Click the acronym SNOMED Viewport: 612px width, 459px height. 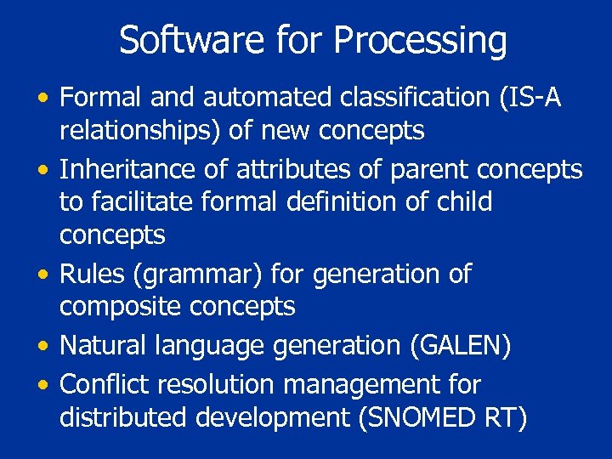point(428,417)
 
